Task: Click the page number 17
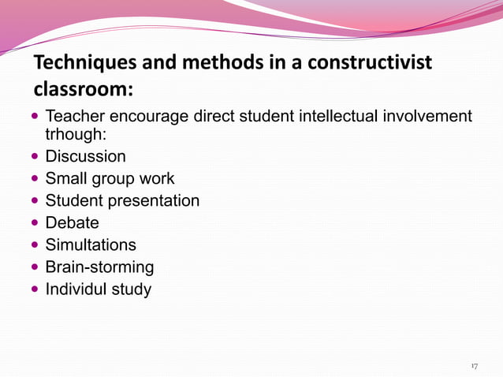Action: point(474,366)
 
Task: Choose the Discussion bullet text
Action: point(85,156)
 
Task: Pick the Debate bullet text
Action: point(72,222)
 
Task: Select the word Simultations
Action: point(91,244)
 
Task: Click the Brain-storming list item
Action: point(99,267)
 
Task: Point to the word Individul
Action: point(78,289)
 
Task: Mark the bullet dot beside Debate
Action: point(36,223)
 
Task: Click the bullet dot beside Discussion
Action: point(36,157)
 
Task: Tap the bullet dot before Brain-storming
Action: point(36,267)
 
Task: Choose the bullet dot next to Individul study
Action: point(36,289)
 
